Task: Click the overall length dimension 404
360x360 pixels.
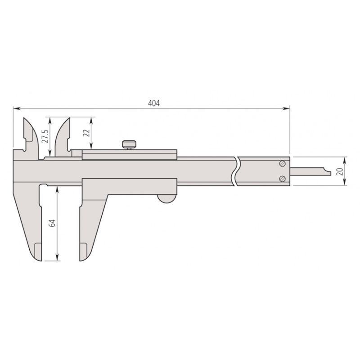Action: (154, 103)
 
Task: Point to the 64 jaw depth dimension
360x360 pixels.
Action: (52, 223)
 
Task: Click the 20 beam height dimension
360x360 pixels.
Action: (340, 171)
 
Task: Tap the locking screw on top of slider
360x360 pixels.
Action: (129, 144)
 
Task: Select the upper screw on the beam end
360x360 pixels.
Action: (282, 163)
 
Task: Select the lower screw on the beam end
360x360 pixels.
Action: (282, 179)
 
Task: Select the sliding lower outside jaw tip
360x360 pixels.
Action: (83, 256)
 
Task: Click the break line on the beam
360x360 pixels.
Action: (235, 171)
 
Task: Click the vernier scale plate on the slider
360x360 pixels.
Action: (130, 155)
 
